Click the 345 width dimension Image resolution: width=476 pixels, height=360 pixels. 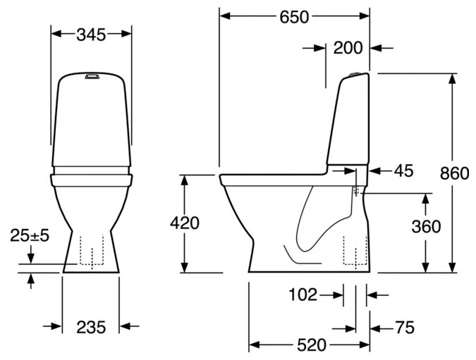[x=91, y=35]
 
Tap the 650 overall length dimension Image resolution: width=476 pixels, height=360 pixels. [x=294, y=17]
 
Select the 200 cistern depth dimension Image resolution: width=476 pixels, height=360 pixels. [x=348, y=48]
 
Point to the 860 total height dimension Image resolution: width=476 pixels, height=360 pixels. [x=454, y=174]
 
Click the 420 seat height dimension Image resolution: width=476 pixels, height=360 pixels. [x=185, y=223]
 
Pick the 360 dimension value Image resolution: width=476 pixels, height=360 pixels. [x=426, y=227]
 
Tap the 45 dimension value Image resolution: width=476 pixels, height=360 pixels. [x=404, y=170]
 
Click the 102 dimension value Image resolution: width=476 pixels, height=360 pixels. [x=303, y=294]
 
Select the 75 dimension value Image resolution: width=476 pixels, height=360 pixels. [x=405, y=328]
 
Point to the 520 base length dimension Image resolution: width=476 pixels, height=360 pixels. [x=311, y=345]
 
